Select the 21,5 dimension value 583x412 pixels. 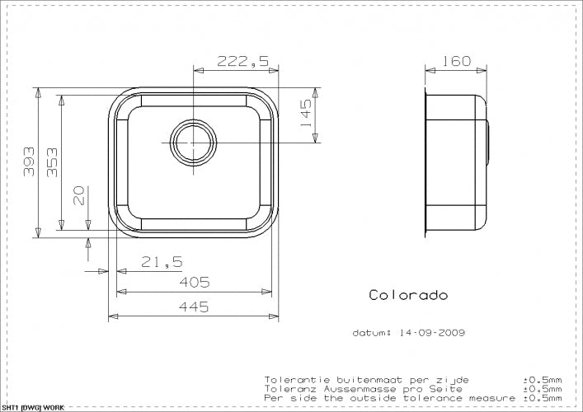[x=160, y=263]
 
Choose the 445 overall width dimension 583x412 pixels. [x=194, y=307]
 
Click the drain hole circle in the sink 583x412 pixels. [x=192, y=142]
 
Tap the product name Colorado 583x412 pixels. [x=408, y=295]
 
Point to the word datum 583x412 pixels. [x=371, y=334]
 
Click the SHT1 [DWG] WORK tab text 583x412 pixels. [x=33, y=407]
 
